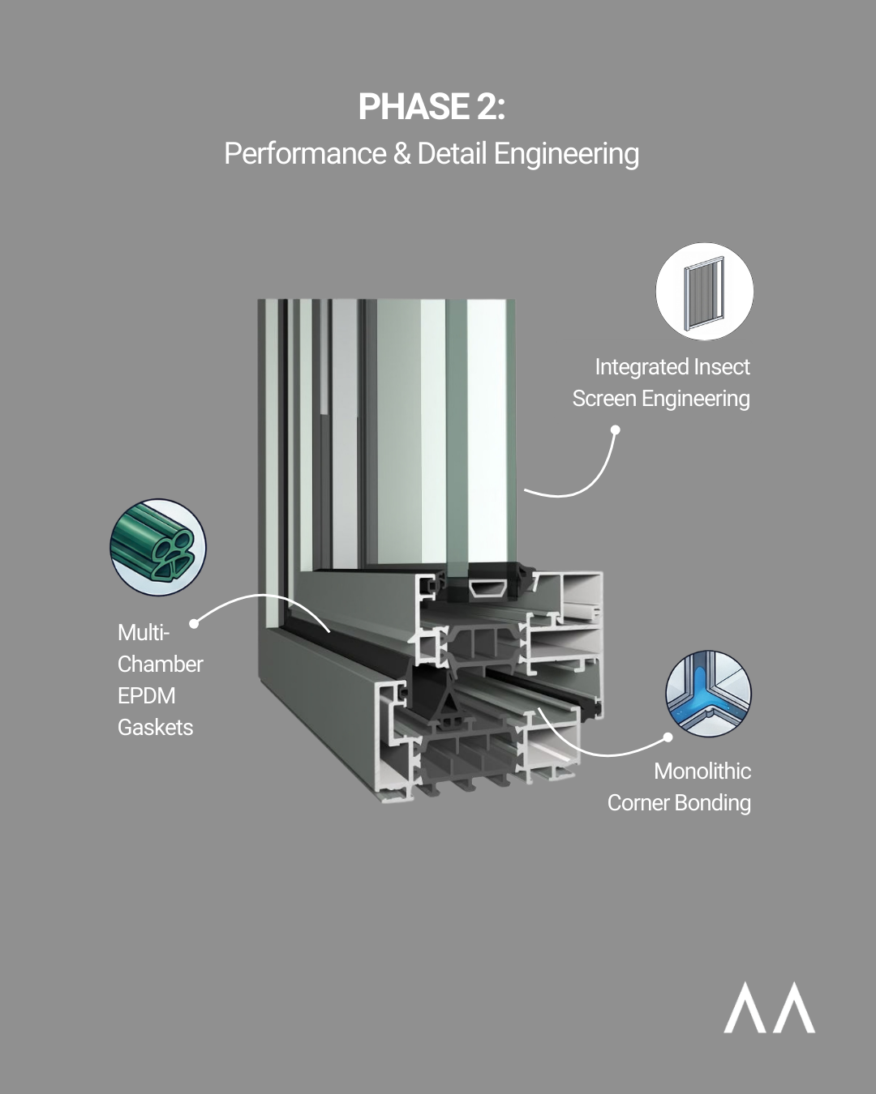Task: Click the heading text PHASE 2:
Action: (432, 107)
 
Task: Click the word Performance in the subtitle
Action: (305, 154)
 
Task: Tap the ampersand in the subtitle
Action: (401, 154)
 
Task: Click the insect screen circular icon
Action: (704, 292)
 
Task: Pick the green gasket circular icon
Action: (158, 547)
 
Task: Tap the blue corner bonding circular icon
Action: (708, 694)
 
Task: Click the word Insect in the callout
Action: (715, 367)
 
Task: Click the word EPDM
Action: (147, 695)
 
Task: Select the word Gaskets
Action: (156, 727)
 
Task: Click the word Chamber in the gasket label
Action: (161, 664)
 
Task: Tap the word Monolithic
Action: (702, 771)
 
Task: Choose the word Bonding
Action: (714, 802)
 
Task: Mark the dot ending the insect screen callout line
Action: (616, 429)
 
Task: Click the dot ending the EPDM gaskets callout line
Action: (194, 623)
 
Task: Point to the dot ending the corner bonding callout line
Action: (668, 737)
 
